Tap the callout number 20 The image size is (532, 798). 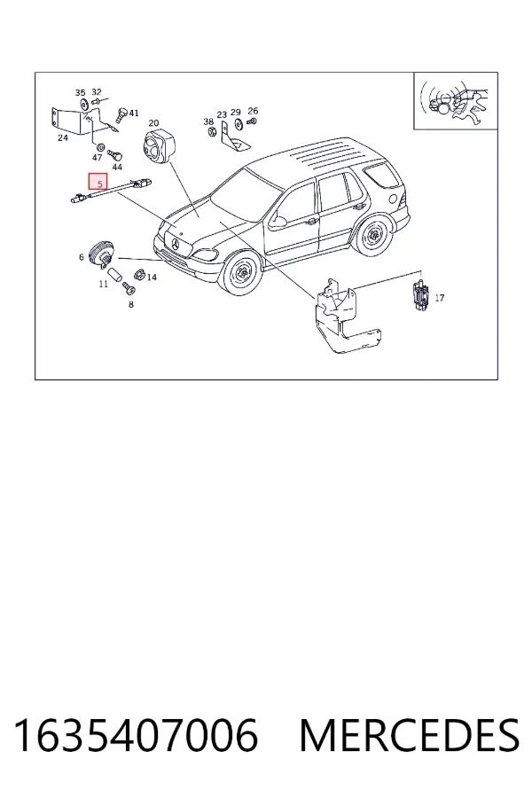pos(153,123)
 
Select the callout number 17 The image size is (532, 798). pos(440,298)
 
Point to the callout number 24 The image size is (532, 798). pos(63,138)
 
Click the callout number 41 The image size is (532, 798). pos(134,113)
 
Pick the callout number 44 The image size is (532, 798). pos(117,167)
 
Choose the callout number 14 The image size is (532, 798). pos(152,278)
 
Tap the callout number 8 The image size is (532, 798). pos(131,304)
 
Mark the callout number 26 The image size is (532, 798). pos(253,111)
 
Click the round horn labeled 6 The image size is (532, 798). pos(102,254)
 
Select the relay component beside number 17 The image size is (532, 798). pos(420,295)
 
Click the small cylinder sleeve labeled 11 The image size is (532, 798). pos(113,274)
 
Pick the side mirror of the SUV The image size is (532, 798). pos(278,222)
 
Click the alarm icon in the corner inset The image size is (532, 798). pos(455,101)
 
